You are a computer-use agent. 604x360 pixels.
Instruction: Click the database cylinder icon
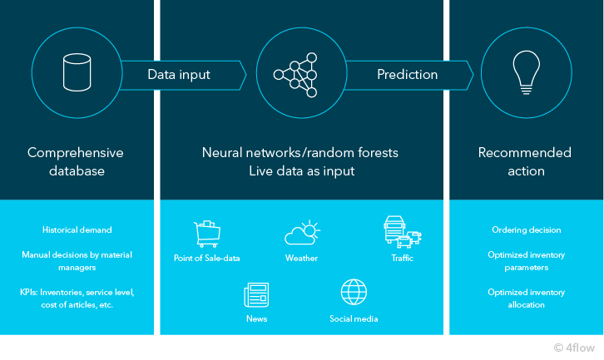[77, 72]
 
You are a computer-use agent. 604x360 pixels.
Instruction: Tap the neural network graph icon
[295, 75]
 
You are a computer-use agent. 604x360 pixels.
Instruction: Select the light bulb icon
[526, 72]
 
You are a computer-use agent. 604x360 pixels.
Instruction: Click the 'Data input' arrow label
[179, 74]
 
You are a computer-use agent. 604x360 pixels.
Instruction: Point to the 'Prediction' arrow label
[407, 74]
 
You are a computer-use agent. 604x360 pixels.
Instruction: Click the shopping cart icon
[207, 234]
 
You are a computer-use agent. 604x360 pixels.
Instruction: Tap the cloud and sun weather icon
[302, 233]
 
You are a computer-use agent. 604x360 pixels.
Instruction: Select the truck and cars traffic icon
[403, 231]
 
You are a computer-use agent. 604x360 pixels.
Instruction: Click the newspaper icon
[256, 295]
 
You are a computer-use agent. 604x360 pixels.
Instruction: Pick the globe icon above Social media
[354, 292]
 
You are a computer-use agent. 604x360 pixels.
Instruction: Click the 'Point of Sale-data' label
[207, 258]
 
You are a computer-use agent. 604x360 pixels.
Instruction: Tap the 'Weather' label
[302, 258]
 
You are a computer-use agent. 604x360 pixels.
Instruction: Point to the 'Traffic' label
[402, 258]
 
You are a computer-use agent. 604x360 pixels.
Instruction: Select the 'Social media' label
[354, 318]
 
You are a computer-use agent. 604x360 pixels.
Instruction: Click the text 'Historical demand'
[77, 229]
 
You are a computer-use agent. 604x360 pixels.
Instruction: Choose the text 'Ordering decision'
[526, 229]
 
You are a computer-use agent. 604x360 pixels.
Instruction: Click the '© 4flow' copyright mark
[574, 348]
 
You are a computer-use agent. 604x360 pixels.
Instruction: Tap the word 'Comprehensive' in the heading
[76, 153]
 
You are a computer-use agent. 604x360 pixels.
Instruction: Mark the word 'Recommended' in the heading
[525, 152]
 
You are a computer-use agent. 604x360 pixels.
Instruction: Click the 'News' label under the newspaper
[256, 318]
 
